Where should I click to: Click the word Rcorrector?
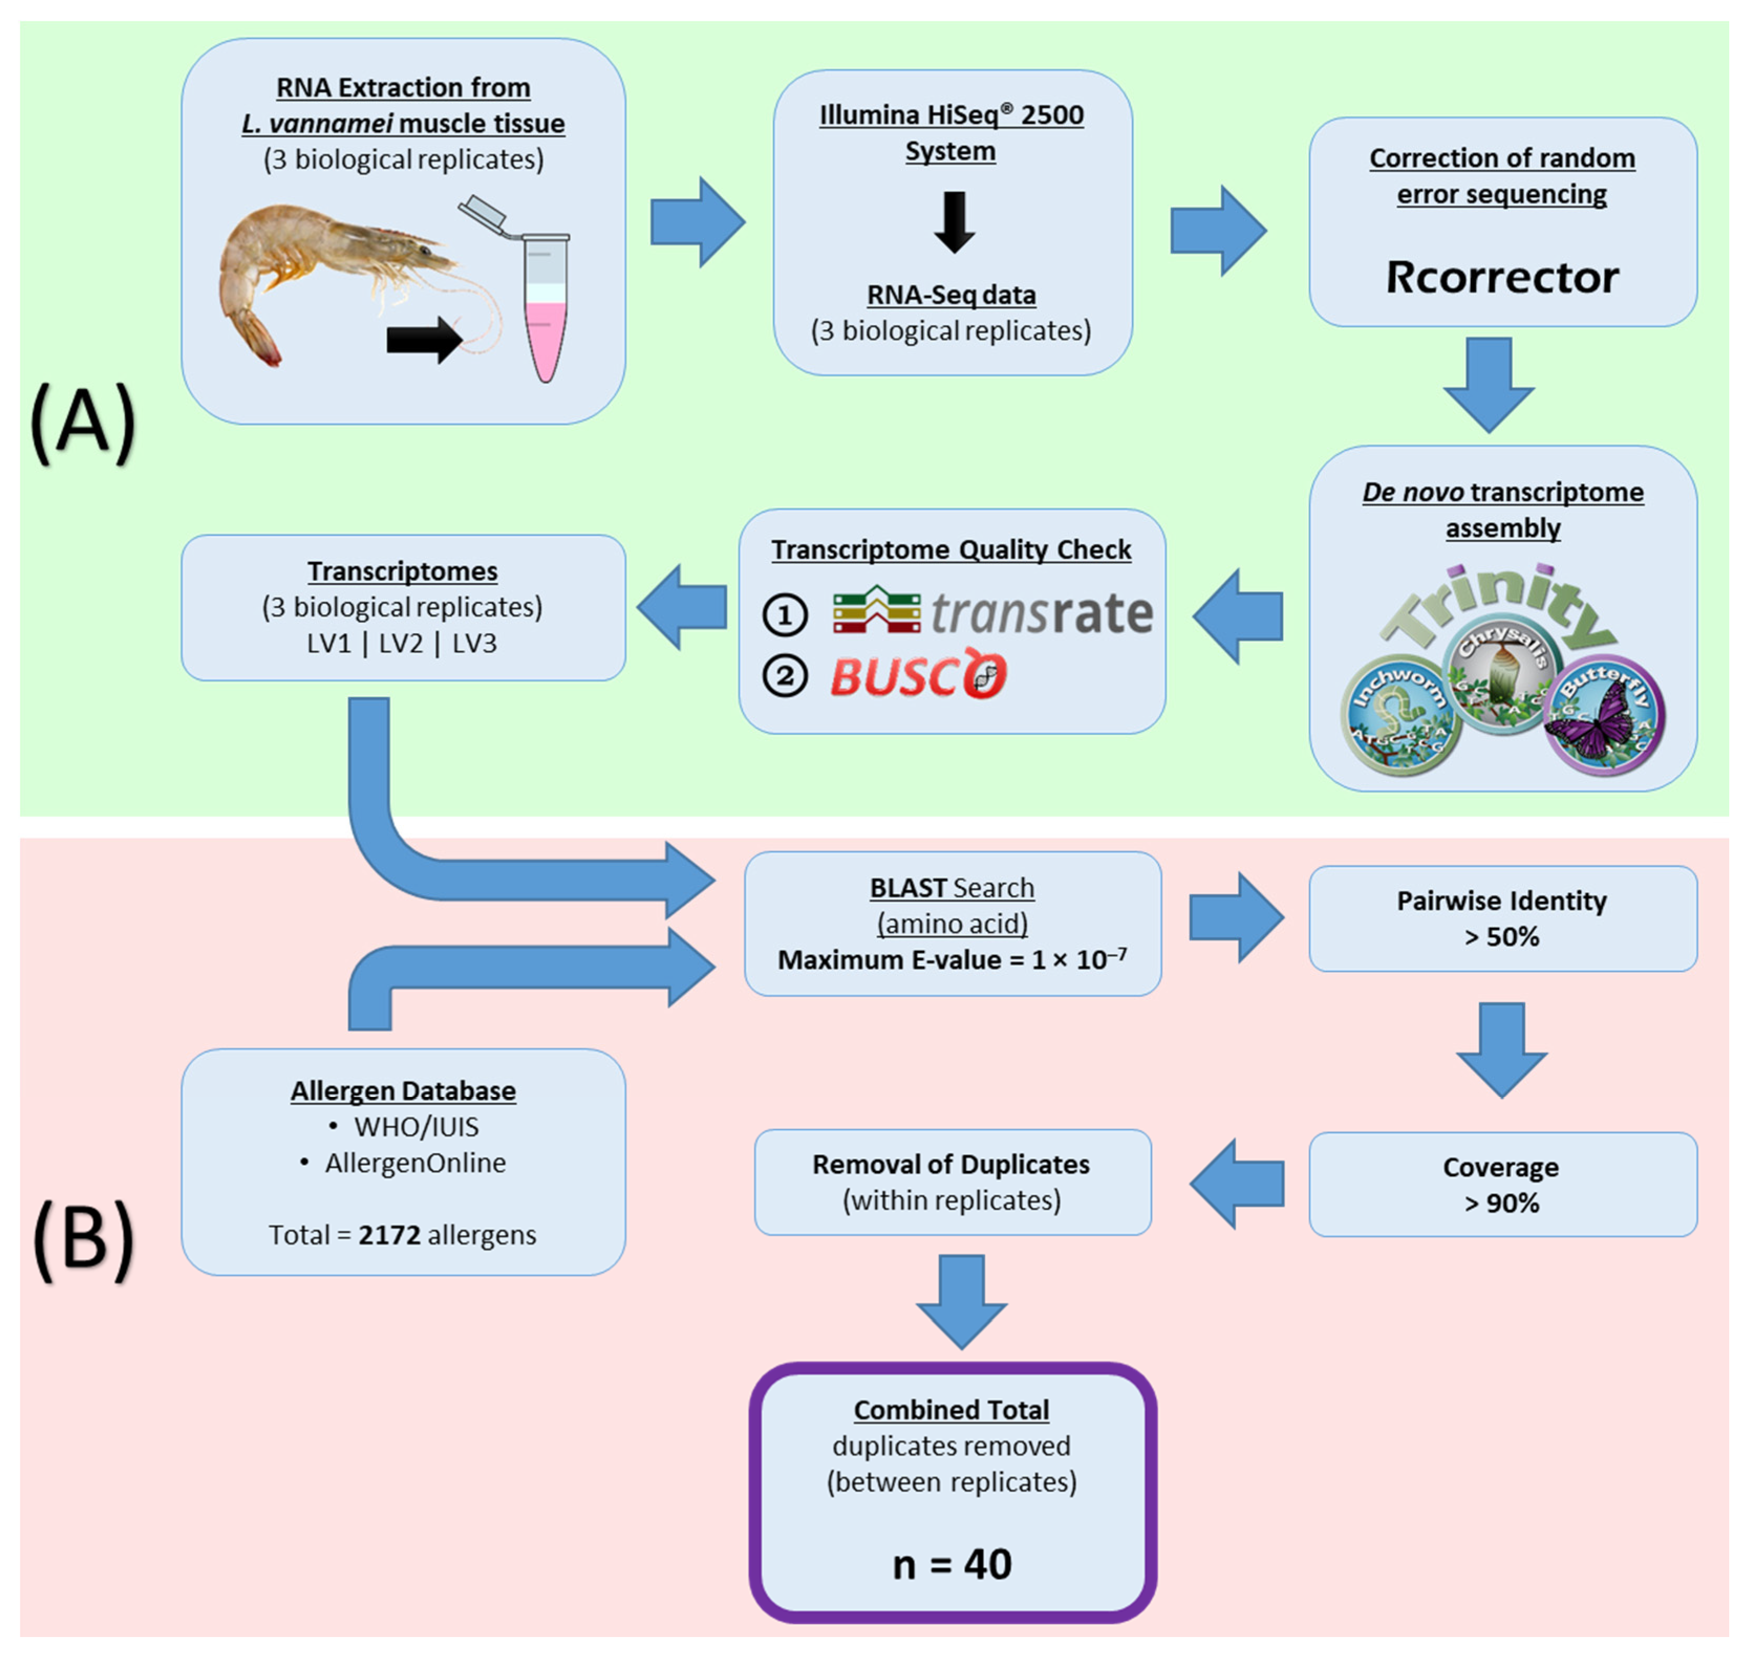1501,277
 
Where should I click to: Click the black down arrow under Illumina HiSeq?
954,222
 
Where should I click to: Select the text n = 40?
951,1564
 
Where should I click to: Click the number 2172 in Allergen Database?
389,1234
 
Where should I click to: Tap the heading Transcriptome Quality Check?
951,550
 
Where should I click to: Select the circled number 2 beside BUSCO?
784,677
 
